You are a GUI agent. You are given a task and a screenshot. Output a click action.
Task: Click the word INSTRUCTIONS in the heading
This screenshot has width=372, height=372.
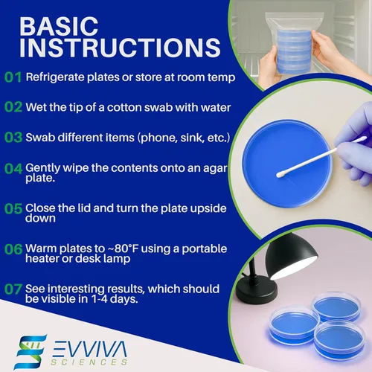tap(120, 48)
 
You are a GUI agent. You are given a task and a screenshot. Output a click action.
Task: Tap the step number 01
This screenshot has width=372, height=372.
tap(13, 77)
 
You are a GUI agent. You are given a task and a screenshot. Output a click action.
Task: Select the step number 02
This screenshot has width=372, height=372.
tap(13, 106)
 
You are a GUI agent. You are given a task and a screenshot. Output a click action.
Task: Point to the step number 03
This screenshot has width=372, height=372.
tap(13, 137)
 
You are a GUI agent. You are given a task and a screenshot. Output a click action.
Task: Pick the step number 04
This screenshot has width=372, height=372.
tap(13, 168)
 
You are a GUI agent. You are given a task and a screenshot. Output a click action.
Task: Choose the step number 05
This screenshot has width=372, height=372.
tap(13, 209)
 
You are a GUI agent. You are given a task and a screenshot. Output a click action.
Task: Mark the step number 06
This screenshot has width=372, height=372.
tap(13, 248)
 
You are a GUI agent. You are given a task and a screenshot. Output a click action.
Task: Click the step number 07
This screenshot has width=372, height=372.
tap(13, 288)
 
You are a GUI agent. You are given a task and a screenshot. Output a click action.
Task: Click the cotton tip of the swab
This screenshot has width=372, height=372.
tap(281, 173)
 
